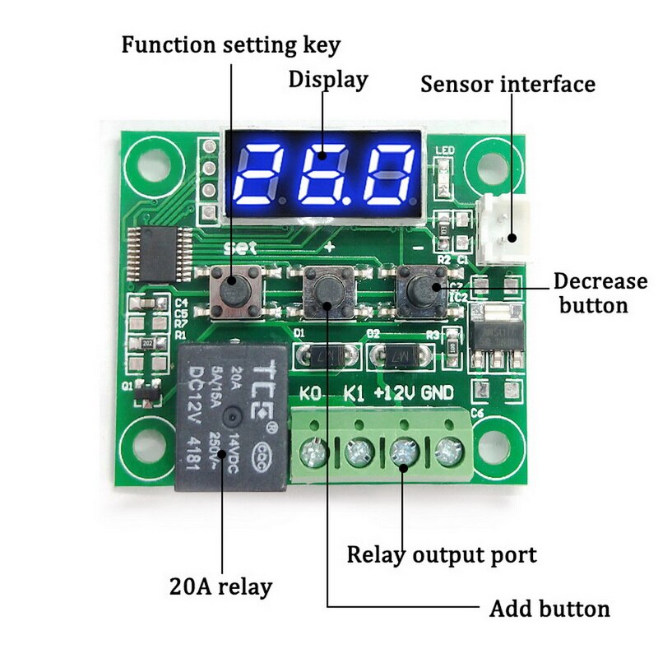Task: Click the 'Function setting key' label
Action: (230, 44)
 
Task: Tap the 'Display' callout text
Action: (327, 80)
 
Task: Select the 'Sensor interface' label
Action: (507, 83)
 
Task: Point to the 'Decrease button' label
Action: (600, 293)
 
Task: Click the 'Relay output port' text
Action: (441, 554)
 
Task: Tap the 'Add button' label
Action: (549, 609)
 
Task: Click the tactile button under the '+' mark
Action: (328, 292)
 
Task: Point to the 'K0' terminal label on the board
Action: (310, 393)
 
